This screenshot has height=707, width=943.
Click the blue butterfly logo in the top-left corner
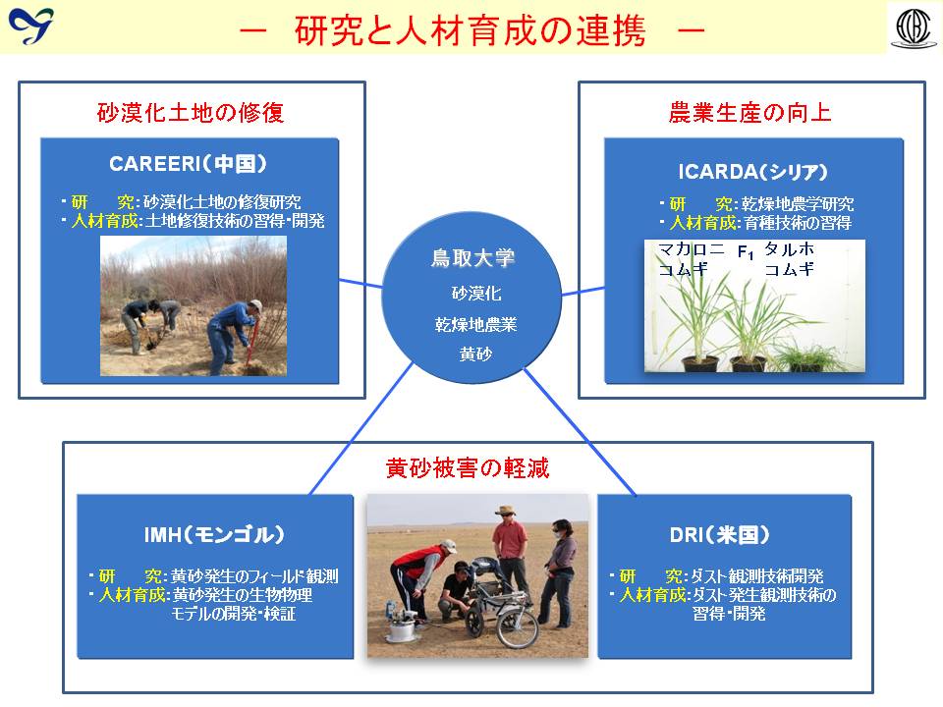(x=30, y=26)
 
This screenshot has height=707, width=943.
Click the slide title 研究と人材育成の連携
(x=471, y=30)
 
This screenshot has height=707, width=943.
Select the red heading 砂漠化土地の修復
(x=190, y=112)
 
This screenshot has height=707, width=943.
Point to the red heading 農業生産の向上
(x=749, y=112)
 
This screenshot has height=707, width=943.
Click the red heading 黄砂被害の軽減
(x=468, y=467)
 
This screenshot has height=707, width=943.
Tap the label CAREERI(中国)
(x=188, y=164)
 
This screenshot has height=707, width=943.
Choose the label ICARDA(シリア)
(x=753, y=172)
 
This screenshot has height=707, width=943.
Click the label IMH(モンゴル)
(x=214, y=534)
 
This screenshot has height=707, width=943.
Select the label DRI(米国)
(x=719, y=534)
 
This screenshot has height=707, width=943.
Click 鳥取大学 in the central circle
(x=472, y=258)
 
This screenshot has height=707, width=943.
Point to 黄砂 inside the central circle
(x=475, y=354)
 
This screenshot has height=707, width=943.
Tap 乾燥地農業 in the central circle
(x=475, y=325)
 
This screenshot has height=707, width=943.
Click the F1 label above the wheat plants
(x=746, y=252)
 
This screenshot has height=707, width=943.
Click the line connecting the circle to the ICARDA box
(x=582, y=292)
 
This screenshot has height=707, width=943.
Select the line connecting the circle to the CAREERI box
(x=361, y=283)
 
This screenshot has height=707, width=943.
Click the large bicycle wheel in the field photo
(x=518, y=626)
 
